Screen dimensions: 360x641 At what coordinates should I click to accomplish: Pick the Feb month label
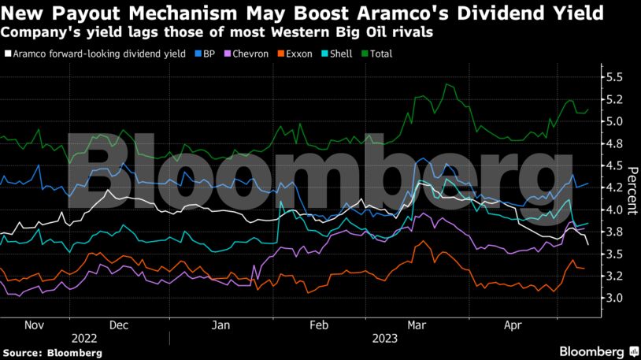coord(318,324)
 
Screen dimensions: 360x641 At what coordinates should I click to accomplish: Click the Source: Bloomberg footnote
coord(52,352)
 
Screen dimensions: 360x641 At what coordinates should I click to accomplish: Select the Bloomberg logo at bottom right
coord(598,351)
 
